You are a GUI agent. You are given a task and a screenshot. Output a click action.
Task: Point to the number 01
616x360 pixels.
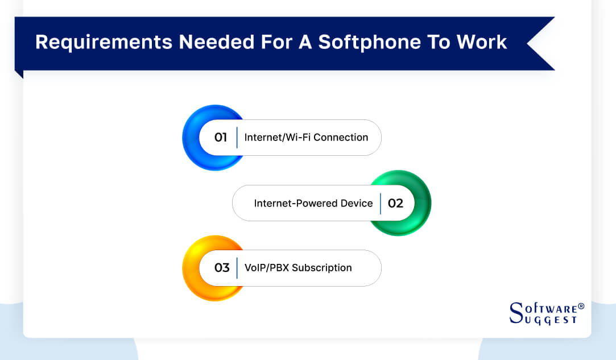(221, 138)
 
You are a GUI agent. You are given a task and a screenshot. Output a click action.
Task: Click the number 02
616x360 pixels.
(395, 203)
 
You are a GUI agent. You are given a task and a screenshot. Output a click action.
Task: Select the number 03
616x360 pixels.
(221, 268)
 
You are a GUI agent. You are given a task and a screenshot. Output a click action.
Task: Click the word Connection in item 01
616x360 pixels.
(341, 138)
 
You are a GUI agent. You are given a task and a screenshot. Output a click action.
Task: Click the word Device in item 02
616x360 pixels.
(358, 203)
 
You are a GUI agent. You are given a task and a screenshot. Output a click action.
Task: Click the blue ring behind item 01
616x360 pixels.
(191, 138)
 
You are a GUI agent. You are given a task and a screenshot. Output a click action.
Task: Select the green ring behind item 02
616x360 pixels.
(424, 203)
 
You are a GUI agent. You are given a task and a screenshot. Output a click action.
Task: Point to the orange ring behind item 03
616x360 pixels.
(191, 268)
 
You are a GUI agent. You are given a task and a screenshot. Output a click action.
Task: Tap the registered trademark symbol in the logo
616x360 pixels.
(581, 307)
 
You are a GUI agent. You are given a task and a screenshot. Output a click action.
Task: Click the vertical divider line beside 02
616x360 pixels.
(381, 203)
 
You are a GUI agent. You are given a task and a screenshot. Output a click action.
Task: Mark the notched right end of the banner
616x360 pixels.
(540, 43)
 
